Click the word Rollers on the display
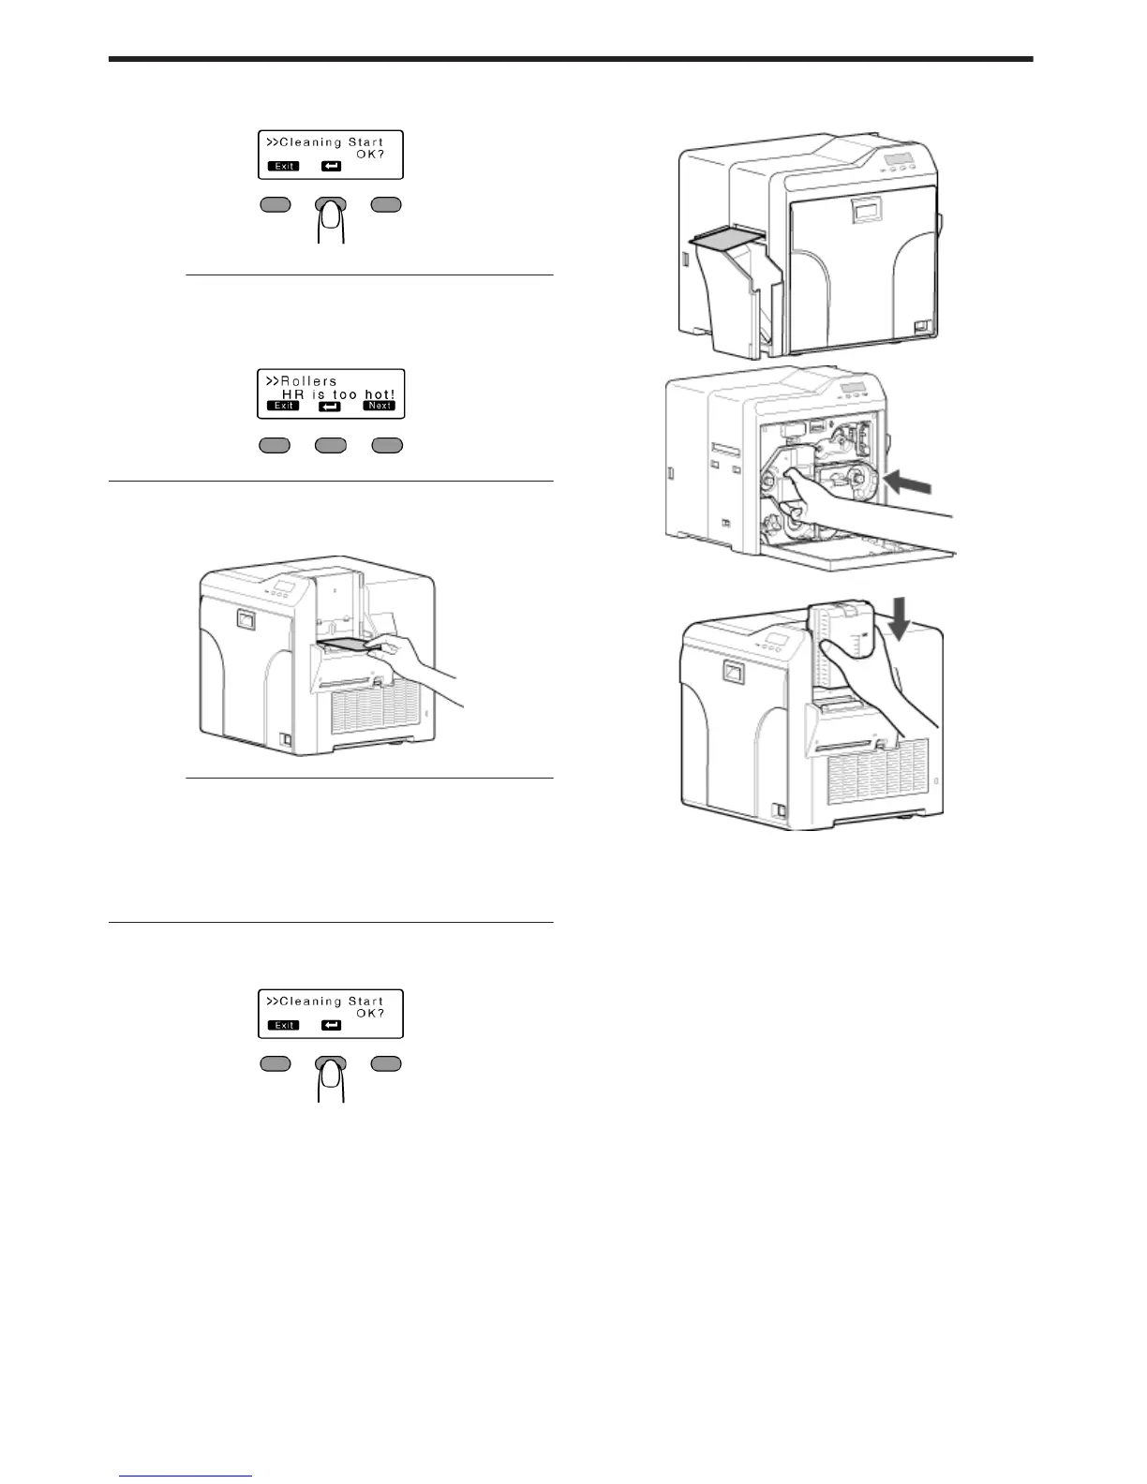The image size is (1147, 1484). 308,381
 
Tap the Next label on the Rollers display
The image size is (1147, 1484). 380,406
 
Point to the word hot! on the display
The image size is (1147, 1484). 380,394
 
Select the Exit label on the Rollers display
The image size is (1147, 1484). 284,406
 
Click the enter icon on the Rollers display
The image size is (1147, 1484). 330,407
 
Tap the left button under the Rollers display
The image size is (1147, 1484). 275,446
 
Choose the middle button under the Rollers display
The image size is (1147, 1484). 331,446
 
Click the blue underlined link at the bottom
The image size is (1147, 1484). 186,1477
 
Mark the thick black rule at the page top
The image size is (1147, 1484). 570,59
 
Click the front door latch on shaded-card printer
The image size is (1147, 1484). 865,213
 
